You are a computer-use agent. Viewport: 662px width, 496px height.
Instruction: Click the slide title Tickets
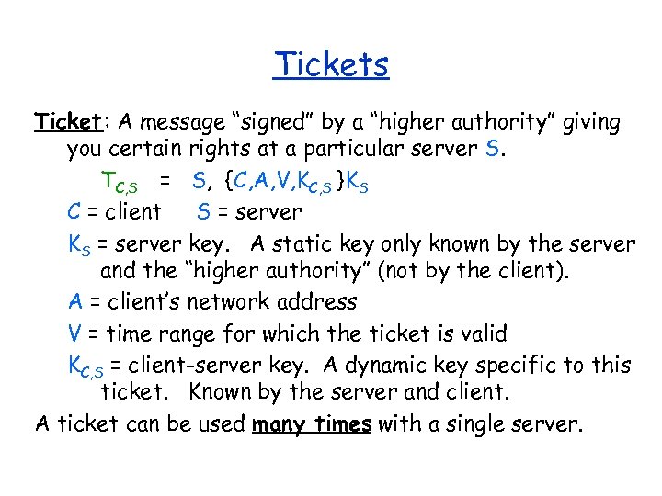(x=331, y=64)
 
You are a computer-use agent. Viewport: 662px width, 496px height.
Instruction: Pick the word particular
(x=368, y=149)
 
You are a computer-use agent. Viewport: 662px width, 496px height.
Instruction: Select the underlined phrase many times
(x=312, y=424)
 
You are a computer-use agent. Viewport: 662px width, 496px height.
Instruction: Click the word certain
(x=147, y=149)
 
